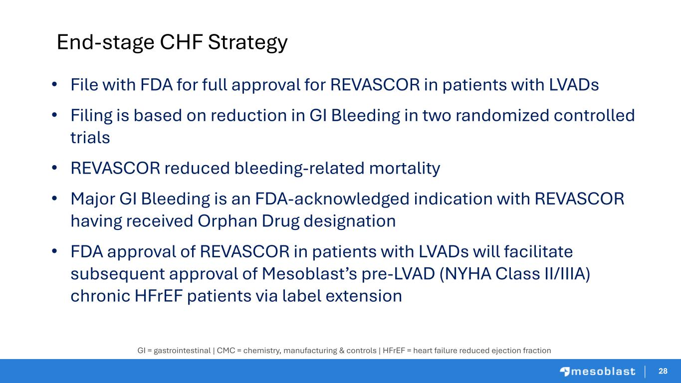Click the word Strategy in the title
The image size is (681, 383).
click(x=248, y=42)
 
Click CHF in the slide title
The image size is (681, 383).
click(x=181, y=42)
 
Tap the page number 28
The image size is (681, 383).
click(x=663, y=371)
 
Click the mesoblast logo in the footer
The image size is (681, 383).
click(x=598, y=372)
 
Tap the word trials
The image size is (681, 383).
click(x=90, y=138)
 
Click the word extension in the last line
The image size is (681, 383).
click(x=364, y=296)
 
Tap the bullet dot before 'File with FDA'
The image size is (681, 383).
click(x=54, y=84)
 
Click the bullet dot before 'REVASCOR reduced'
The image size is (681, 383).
click(x=54, y=168)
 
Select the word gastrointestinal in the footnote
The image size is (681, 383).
click(x=182, y=351)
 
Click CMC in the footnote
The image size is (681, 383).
click(x=226, y=351)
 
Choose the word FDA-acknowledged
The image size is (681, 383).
click(x=332, y=199)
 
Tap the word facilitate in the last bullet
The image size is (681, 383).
click(x=538, y=252)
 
